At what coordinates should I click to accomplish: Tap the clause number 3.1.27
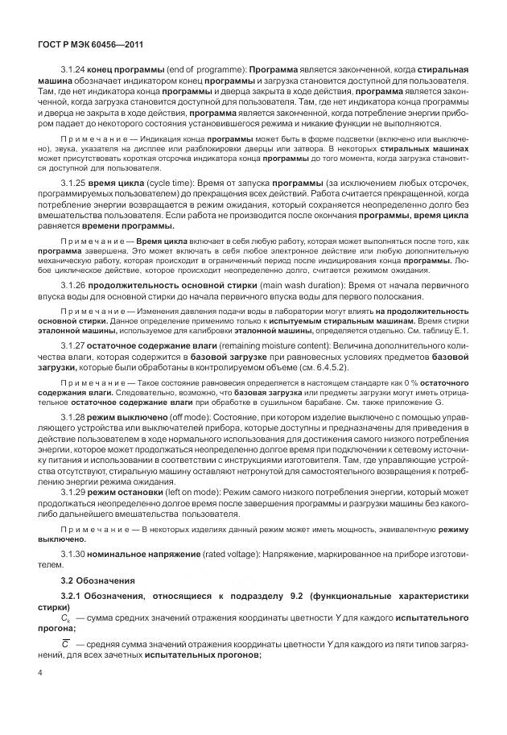(74, 344)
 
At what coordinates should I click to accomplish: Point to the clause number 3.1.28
(74, 417)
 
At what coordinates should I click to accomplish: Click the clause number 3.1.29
(74, 490)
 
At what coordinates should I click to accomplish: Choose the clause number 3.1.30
(74, 555)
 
